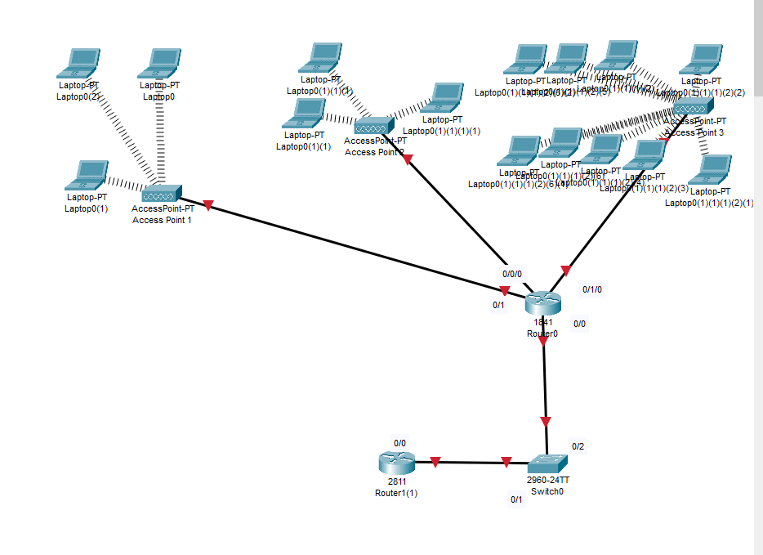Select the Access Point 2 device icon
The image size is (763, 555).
point(374,127)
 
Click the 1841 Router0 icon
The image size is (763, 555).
point(543,303)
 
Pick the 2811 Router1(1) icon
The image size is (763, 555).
point(396,463)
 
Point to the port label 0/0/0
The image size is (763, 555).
point(512,274)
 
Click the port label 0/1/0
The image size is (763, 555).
point(591,289)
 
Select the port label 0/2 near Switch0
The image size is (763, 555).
point(578,446)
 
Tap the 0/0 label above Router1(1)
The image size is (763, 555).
point(400,443)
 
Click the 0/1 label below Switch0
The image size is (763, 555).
point(516,499)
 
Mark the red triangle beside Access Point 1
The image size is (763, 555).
point(207,205)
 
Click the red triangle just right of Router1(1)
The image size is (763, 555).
point(435,463)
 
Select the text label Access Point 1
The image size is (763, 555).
point(162,220)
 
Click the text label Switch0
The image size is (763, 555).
point(547,492)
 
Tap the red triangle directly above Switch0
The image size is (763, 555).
point(546,422)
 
